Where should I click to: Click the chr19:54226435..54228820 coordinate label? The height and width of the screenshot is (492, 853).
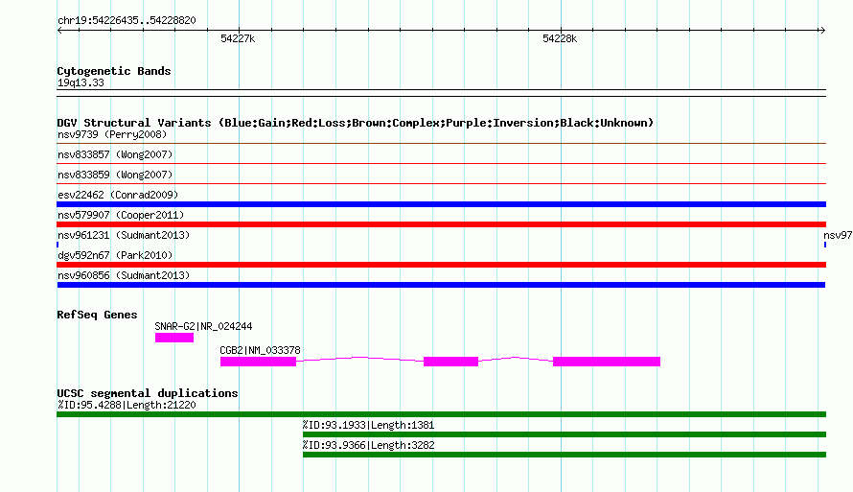point(127,20)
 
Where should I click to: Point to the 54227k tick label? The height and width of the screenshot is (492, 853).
point(238,38)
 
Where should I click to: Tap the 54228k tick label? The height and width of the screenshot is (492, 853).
point(560,38)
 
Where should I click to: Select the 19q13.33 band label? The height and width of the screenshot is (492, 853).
point(81,82)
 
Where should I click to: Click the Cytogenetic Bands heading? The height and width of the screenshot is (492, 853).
point(114,71)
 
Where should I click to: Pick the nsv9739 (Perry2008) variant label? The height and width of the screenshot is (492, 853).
point(112,134)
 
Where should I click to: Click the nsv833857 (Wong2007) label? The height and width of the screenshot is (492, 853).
point(115,154)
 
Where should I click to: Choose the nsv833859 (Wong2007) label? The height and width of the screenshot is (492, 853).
point(115,175)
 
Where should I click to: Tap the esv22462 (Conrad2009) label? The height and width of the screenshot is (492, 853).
point(118,195)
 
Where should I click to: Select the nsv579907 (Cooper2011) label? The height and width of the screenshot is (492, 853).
point(121,215)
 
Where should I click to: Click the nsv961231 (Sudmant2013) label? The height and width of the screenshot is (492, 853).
point(124,235)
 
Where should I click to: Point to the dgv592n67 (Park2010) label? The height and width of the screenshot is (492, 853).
point(115,255)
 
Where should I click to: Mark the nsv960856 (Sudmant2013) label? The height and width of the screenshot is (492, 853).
point(124,275)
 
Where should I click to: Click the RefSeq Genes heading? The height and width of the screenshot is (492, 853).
point(97,315)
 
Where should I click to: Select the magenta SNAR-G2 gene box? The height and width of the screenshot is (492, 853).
point(174,338)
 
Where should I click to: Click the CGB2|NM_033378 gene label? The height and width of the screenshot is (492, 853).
point(260,350)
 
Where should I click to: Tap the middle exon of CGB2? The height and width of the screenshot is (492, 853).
point(451,362)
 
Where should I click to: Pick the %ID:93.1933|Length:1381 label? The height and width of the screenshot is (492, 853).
point(368,425)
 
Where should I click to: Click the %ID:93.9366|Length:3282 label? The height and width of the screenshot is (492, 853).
point(368,445)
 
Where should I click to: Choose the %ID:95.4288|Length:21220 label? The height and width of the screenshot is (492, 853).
point(127,405)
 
